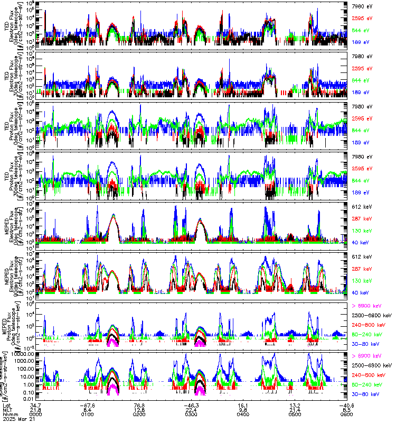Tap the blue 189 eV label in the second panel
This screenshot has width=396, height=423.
tap(361, 93)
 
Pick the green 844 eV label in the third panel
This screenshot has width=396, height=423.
tap(361, 130)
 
